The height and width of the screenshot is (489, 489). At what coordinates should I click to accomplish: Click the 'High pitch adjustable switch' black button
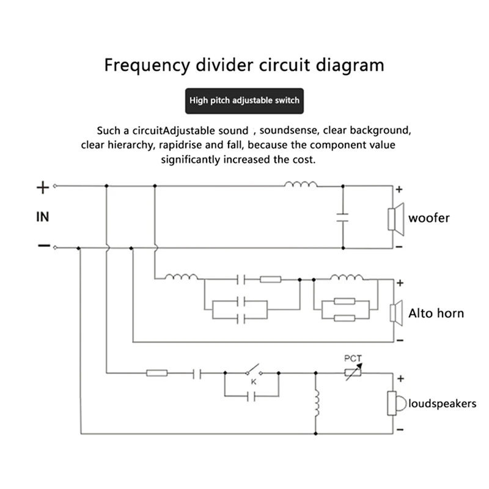(x=244, y=100)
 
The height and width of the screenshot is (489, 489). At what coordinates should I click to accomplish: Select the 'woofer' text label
(x=429, y=218)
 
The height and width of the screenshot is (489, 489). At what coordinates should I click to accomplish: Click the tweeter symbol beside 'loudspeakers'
(x=395, y=403)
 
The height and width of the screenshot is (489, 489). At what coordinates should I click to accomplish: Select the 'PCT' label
(x=353, y=358)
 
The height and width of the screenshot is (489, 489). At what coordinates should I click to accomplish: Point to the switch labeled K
(x=252, y=372)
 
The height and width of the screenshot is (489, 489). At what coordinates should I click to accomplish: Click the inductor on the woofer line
(x=301, y=185)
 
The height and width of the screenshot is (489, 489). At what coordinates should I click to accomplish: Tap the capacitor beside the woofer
(x=342, y=216)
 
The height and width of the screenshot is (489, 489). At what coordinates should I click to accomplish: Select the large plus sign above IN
(x=42, y=186)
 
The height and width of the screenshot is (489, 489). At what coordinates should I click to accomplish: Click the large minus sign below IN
(x=43, y=246)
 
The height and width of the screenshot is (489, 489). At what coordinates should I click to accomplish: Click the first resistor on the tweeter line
(x=157, y=372)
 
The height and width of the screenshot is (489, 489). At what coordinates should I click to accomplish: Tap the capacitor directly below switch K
(x=251, y=396)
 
